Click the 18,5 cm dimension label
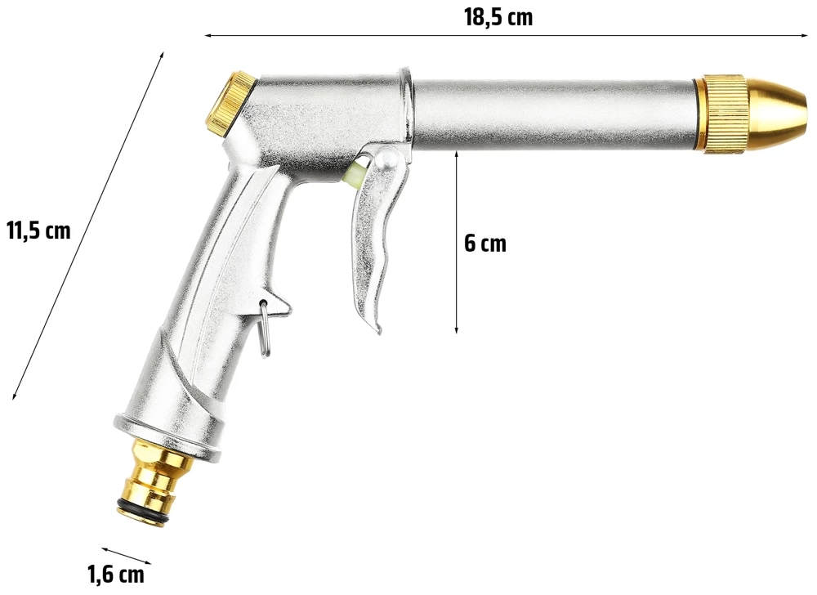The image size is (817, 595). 498,18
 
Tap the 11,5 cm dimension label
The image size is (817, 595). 38,230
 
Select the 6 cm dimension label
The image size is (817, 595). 485,243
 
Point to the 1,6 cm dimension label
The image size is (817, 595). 116,575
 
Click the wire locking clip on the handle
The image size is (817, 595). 265,329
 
